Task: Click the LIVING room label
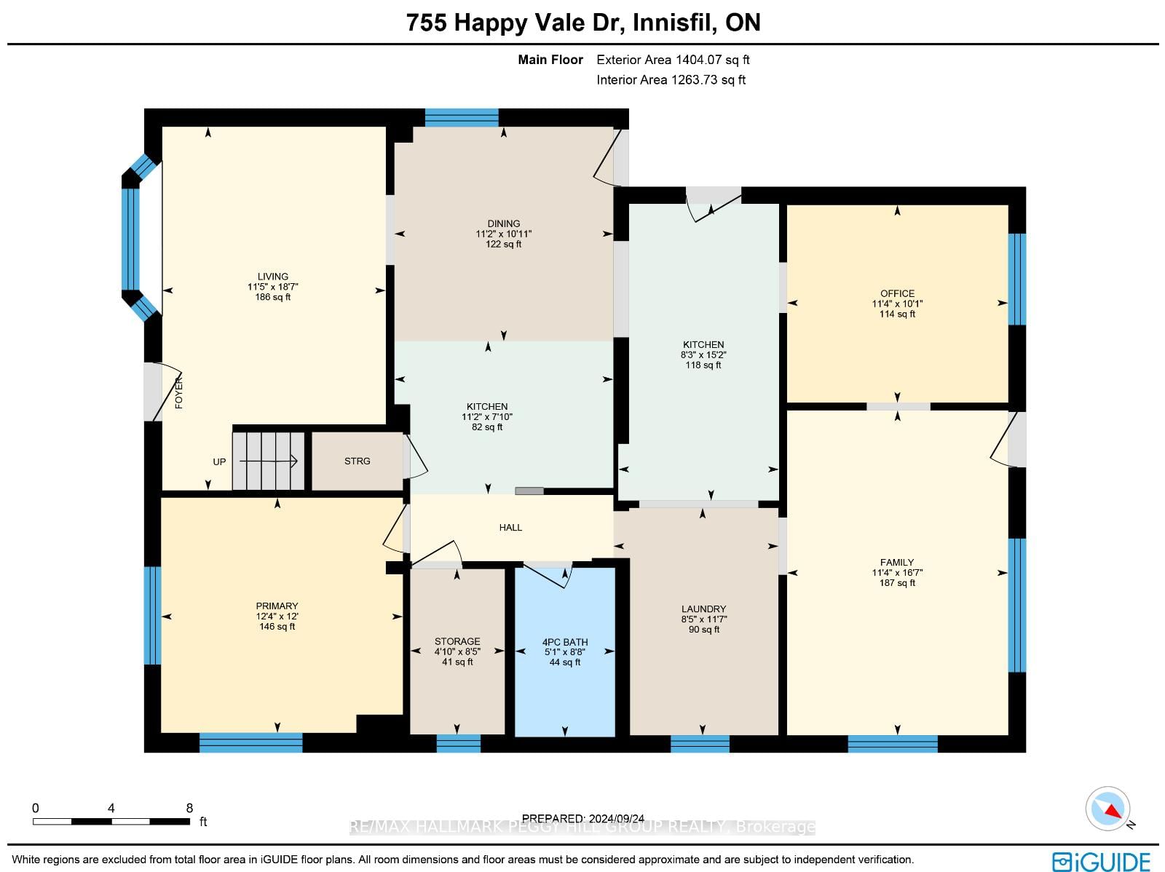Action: [x=273, y=277]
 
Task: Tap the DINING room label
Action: [x=504, y=224]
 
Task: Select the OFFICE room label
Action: [x=898, y=293]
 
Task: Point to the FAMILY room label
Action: [x=897, y=562]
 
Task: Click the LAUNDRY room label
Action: [x=704, y=609]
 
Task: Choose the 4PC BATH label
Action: [x=565, y=642]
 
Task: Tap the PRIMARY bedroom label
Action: [x=277, y=606]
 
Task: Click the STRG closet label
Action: [x=358, y=461]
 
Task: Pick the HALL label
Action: [x=510, y=527]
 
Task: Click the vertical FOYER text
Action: [x=179, y=392]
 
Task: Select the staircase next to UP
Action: [x=269, y=461]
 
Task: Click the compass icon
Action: [x=1107, y=809]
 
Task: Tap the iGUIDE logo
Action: [x=1101, y=861]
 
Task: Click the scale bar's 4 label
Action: [x=111, y=809]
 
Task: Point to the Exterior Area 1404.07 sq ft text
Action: [x=673, y=60]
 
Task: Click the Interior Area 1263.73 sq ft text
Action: [x=671, y=79]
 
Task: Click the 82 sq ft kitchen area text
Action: [x=487, y=427]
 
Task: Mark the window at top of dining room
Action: [x=462, y=117]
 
